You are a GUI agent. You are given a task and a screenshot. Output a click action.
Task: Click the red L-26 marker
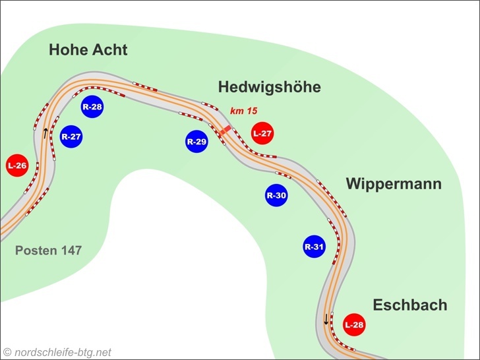pyautogui.click(x=16, y=165)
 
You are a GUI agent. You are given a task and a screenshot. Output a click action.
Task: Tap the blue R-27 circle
pyautogui.click(x=71, y=137)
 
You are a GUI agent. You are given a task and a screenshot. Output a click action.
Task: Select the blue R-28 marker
pyautogui.click(x=92, y=106)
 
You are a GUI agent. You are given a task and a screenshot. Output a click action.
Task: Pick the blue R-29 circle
pyautogui.click(x=196, y=141)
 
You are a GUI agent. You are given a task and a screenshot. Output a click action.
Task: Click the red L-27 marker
pyautogui.click(x=262, y=133)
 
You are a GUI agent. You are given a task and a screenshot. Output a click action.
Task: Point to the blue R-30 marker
pyautogui.click(x=276, y=195)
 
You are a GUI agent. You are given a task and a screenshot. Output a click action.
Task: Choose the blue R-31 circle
pyautogui.click(x=315, y=247)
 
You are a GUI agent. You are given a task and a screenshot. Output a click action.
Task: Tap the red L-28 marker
pyautogui.click(x=354, y=324)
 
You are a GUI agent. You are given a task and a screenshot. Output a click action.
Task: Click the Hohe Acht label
pyautogui.click(x=88, y=50)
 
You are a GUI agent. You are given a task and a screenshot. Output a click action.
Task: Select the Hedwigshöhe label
pyautogui.click(x=269, y=87)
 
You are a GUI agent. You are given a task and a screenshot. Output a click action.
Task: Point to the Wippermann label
pyautogui.click(x=393, y=184)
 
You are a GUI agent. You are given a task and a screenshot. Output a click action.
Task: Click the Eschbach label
pyautogui.click(x=409, y=305)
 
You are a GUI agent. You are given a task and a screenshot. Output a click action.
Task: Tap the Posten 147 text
pyautogui.click(x=48, y=251)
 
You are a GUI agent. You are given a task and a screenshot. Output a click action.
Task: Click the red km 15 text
pyautogui.click(x=243, y=111)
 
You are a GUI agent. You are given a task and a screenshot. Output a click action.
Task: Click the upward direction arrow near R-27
pyautogui.click(x=45, y=133)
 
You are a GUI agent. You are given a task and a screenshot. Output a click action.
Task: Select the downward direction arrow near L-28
pyautogui.click(x=326, y=320)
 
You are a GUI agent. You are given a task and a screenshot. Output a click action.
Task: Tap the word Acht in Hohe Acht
pyautogui.click(x=109, y=50)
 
